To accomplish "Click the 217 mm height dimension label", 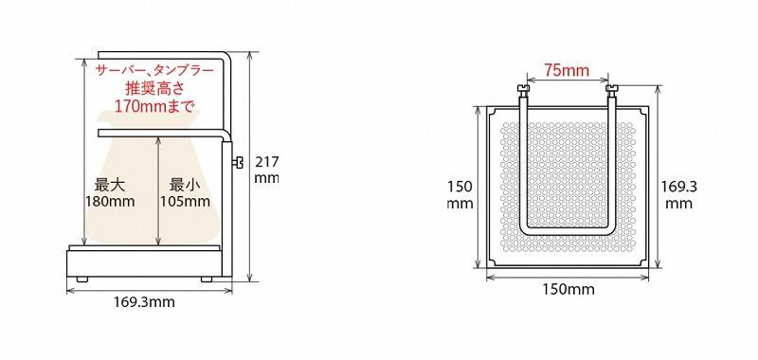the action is point(266,170).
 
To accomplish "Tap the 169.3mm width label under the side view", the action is point(145,302).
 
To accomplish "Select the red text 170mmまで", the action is point(154,105).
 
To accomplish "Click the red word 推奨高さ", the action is point(154,88).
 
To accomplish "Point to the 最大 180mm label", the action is point(110,192).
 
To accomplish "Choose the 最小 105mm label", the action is point(185,192).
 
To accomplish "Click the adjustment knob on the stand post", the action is point(237,163).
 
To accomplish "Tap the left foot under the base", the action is point(81,279).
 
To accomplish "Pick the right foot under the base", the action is point(207,279).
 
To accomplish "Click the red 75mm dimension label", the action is point(567,70).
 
